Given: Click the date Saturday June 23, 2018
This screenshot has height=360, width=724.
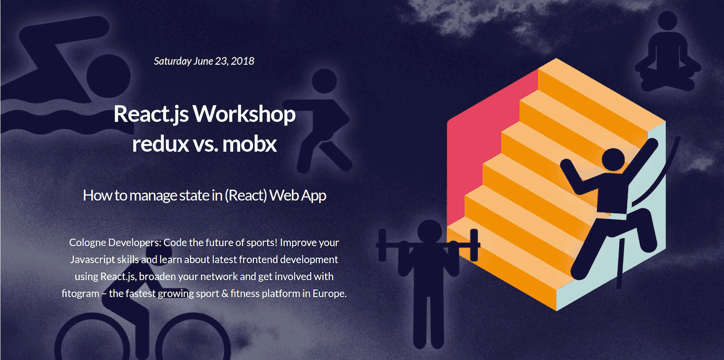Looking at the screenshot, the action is point(204,61).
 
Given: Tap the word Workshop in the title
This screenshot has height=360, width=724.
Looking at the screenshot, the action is point(244,114).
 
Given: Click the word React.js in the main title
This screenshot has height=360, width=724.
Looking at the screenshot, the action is point(151,115).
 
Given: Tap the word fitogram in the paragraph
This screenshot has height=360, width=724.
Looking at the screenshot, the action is point(80,294).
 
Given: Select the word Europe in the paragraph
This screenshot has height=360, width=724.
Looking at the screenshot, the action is point(329,294).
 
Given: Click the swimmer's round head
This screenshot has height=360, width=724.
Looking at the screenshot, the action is point(109,76).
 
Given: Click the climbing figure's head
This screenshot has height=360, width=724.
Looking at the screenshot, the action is point(613,159).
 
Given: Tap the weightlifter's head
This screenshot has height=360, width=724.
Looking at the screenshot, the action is point(429,232).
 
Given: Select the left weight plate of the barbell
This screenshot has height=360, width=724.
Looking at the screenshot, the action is point(382,245).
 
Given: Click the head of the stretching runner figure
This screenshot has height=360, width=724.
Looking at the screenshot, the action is point(324,81).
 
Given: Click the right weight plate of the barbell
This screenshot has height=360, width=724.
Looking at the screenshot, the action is point(474,245).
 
